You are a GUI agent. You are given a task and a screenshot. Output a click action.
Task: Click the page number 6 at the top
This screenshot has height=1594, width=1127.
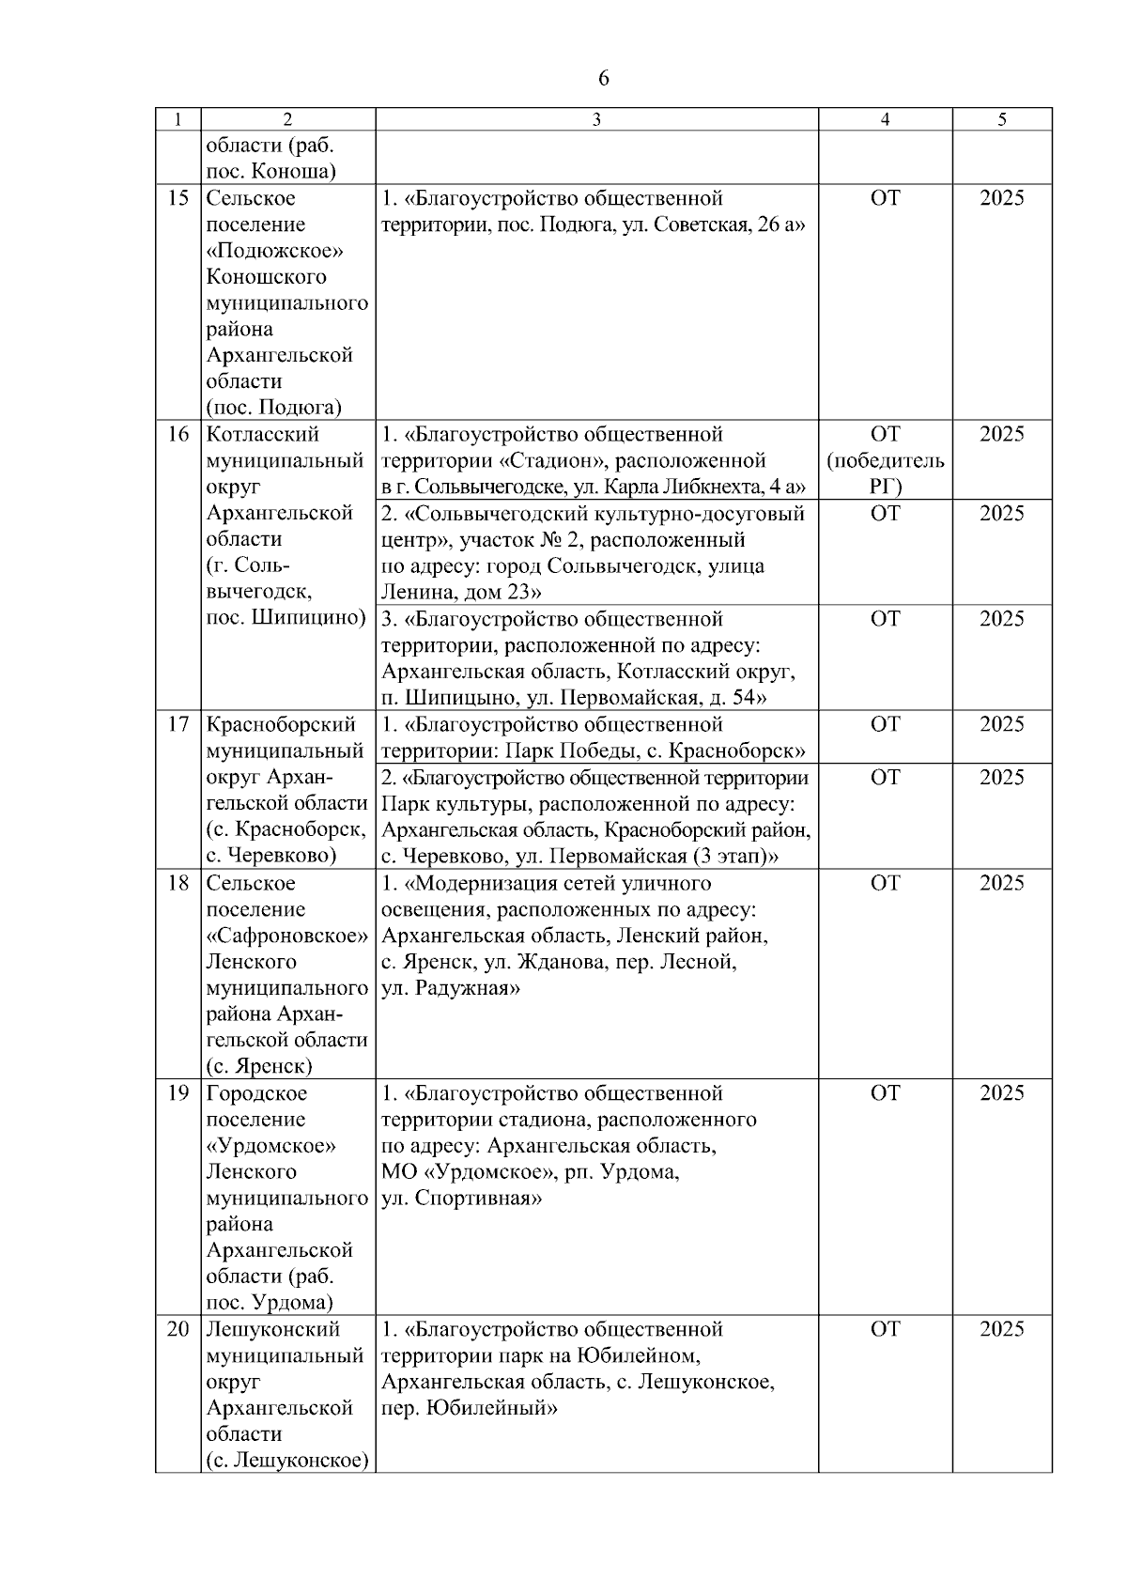(603, 79)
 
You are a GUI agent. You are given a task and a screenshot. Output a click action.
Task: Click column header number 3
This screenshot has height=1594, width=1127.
(596, 119)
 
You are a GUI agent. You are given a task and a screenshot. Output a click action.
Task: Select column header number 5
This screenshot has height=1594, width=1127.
(1002, 119)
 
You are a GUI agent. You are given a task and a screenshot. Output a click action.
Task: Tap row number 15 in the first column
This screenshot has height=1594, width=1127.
(178, 198)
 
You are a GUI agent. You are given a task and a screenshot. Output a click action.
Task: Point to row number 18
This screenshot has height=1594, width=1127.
(178, 883)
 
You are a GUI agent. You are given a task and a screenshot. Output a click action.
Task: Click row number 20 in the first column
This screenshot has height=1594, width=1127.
(178, 1329)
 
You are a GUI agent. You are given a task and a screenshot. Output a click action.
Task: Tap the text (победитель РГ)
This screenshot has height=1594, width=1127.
(885, 473)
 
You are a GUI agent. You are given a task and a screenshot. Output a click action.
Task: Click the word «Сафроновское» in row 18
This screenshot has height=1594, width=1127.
(286, 936)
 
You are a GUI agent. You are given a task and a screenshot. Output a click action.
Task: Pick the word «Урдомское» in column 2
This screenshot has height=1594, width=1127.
(271, 1146)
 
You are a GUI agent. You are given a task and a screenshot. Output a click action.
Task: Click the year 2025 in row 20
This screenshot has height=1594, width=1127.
(1002, 1329)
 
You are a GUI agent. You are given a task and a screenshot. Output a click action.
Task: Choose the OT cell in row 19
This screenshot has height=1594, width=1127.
(885, 1093)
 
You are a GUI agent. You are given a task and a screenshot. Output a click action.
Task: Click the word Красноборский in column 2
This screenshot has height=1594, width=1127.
(281, 724)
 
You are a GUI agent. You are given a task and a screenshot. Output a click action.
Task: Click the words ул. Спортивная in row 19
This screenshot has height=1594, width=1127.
(461, 1199)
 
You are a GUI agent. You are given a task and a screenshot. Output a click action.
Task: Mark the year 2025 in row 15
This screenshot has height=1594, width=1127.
(1002, 198)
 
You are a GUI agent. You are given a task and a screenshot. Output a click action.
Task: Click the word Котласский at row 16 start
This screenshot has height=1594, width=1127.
(262, 434)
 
